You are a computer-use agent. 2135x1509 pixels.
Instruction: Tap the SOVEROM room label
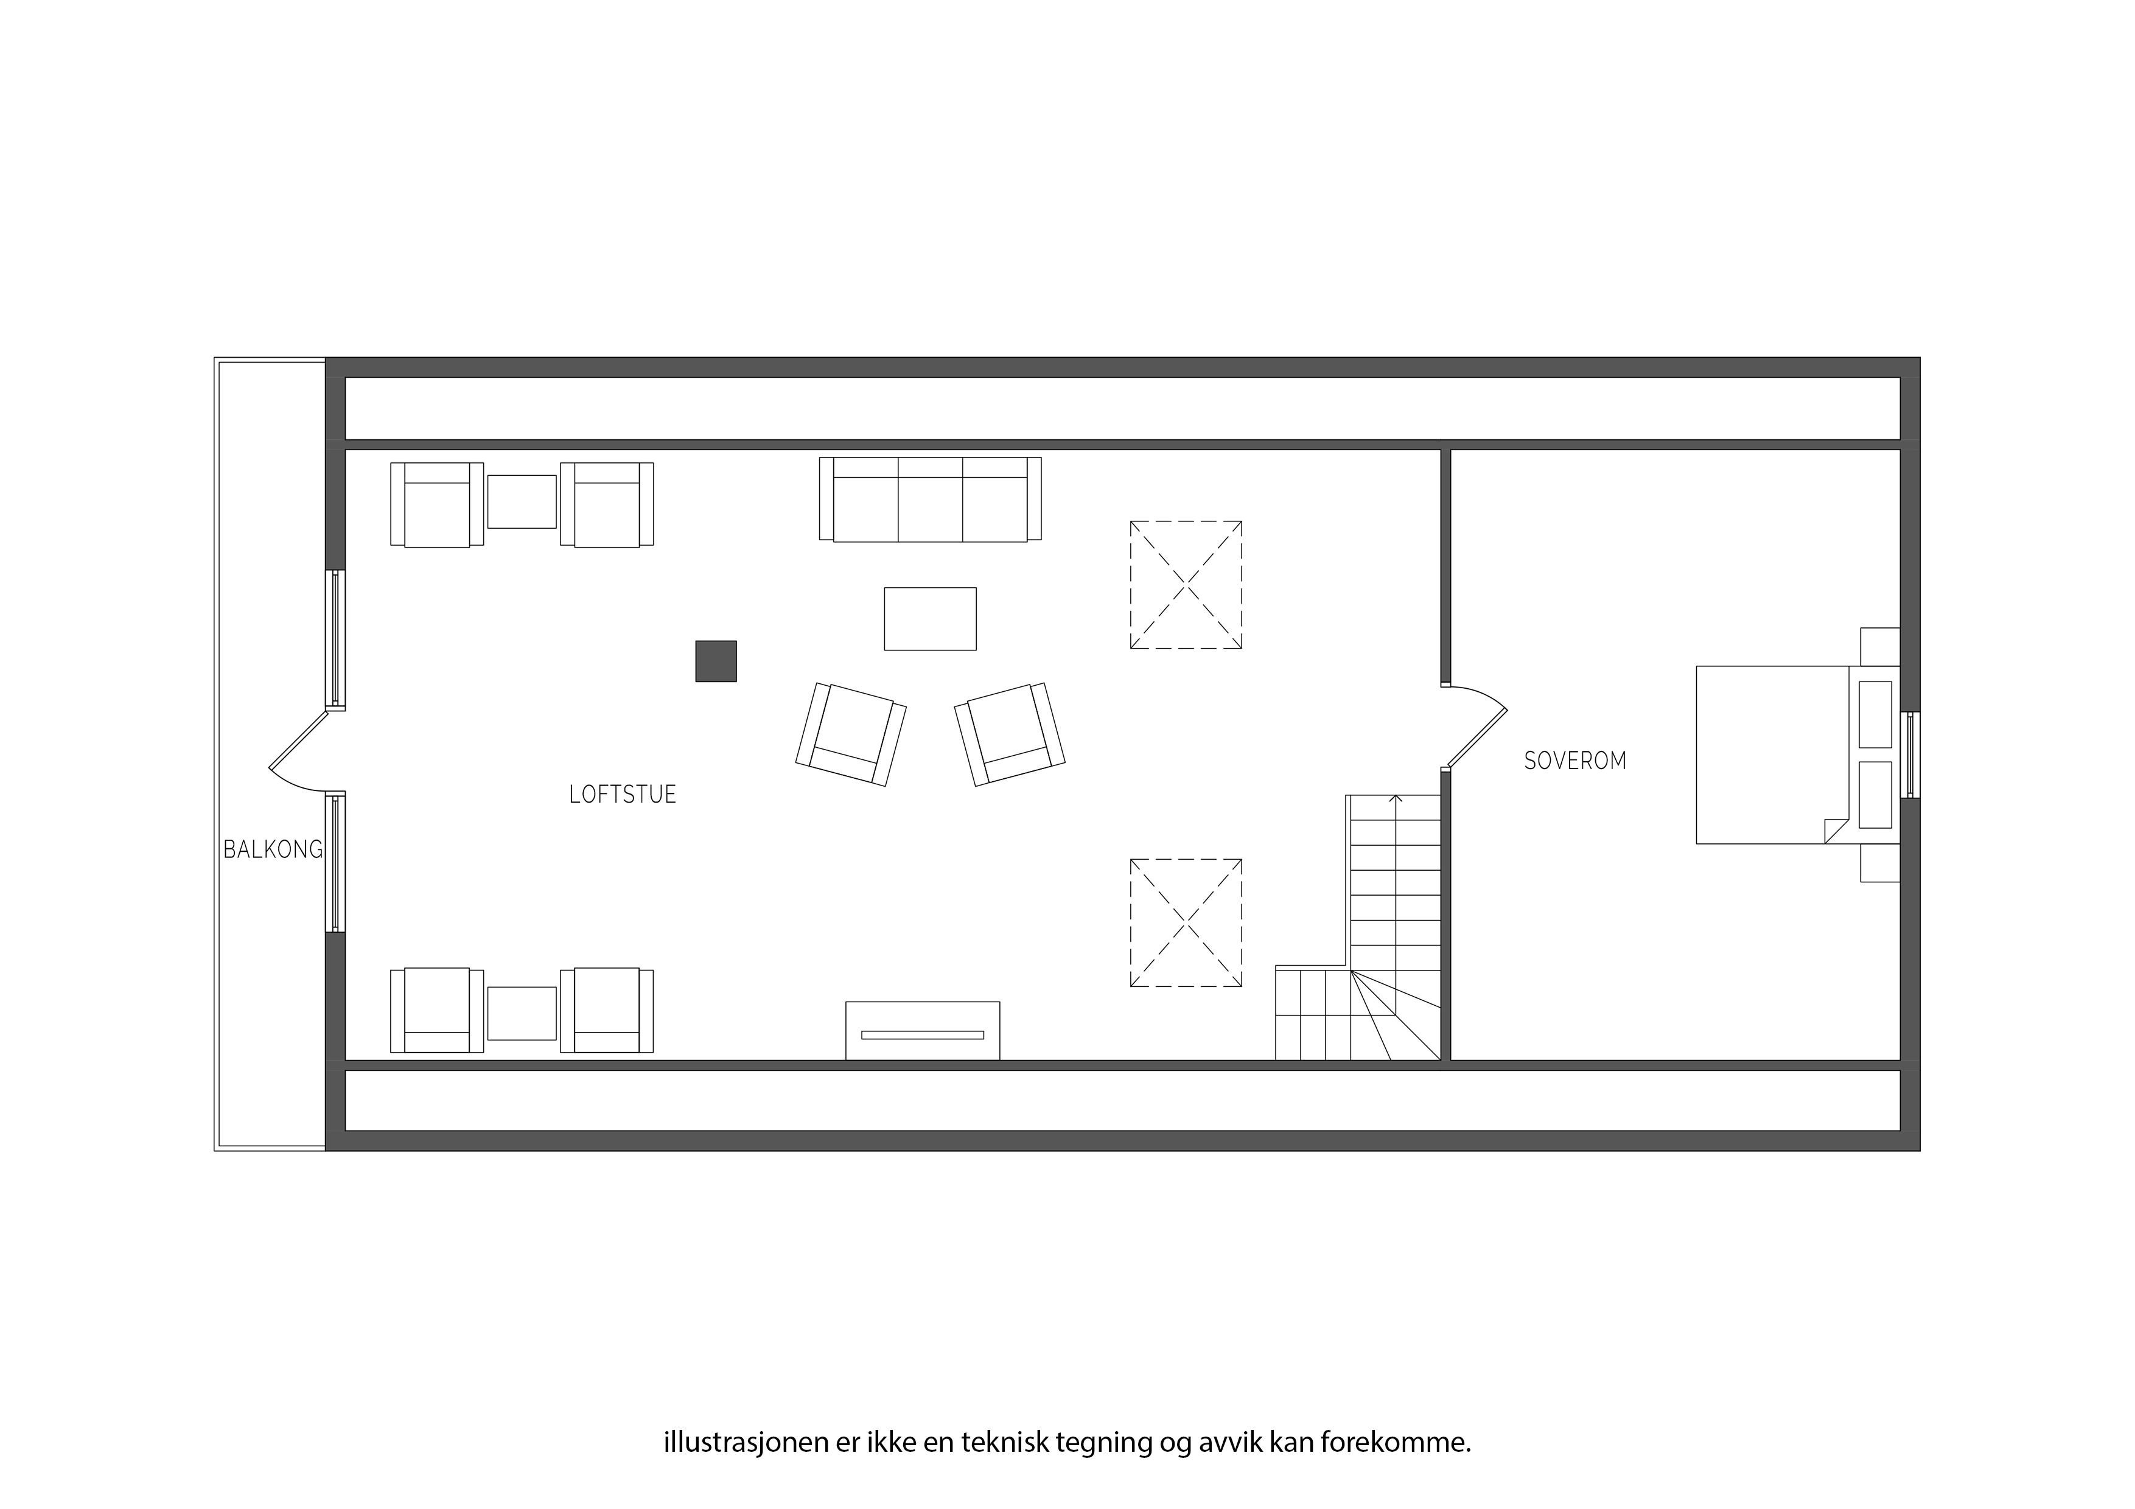[x=1575, y=761]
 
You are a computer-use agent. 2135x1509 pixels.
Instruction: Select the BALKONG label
[x=273, y=849]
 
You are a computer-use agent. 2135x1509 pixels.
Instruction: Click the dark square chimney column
[x=716, y=661]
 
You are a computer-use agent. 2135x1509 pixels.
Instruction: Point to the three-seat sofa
[x=930, y=498]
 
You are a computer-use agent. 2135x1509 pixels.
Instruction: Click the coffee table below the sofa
[x=930, y=618]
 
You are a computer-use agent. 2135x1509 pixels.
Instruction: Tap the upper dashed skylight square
[x=1186, y=585]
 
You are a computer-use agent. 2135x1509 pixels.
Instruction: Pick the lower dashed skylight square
[x=1186, y=922]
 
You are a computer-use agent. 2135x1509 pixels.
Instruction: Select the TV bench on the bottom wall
[x=923, y=1030]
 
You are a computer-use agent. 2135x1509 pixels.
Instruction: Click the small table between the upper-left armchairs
[x=522, y=501]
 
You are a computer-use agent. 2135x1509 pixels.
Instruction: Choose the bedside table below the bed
[x=1880, y=863]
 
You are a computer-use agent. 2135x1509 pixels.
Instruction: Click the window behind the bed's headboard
[x=1910, y=755]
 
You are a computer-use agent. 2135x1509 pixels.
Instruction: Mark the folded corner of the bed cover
[x=1836, y=831]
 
